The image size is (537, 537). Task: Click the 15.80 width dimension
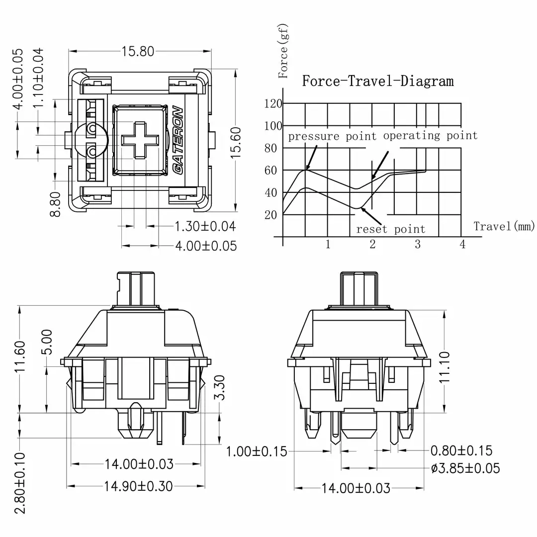point(138,51)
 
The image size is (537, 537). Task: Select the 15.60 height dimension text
point(236,143)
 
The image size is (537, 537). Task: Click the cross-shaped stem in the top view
point(139,140)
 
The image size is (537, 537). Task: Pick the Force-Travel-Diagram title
point(378,81)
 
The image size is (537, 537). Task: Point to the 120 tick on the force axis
point(273,103)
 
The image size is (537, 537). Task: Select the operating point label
point(430,135)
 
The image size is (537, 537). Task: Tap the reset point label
point(391,229)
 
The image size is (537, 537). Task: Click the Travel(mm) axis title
point(504,227)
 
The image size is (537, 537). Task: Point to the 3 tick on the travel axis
point(418,244)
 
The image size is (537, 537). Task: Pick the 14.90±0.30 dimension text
point(139,486)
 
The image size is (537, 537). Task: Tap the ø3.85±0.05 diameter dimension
point(465,468)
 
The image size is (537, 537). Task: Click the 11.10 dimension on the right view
point(445,366)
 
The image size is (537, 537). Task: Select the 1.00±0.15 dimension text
point(257,451)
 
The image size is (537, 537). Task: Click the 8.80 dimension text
point(56,204)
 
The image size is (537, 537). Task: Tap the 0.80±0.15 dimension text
point(461,451)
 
